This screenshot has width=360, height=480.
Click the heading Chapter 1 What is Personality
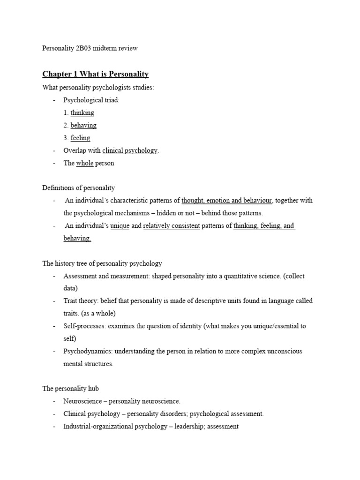point(95,74)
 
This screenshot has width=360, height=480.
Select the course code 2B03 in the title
point(83,48)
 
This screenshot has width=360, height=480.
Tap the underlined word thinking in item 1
point(82,112)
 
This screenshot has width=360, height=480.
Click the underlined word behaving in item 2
point(83,125)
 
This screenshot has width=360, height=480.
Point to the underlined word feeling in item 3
point(80,138)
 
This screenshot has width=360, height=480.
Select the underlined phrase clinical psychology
point(130,150)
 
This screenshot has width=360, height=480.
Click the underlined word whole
point(85,163)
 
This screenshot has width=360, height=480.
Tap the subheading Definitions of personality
point(78,188)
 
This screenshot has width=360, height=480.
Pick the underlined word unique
point(120,225)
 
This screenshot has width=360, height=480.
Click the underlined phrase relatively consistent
point(172,225)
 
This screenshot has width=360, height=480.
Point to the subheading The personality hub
point(70,389)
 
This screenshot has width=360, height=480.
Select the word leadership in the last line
point(188,427)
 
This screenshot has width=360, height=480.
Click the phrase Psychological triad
point(91,100)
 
